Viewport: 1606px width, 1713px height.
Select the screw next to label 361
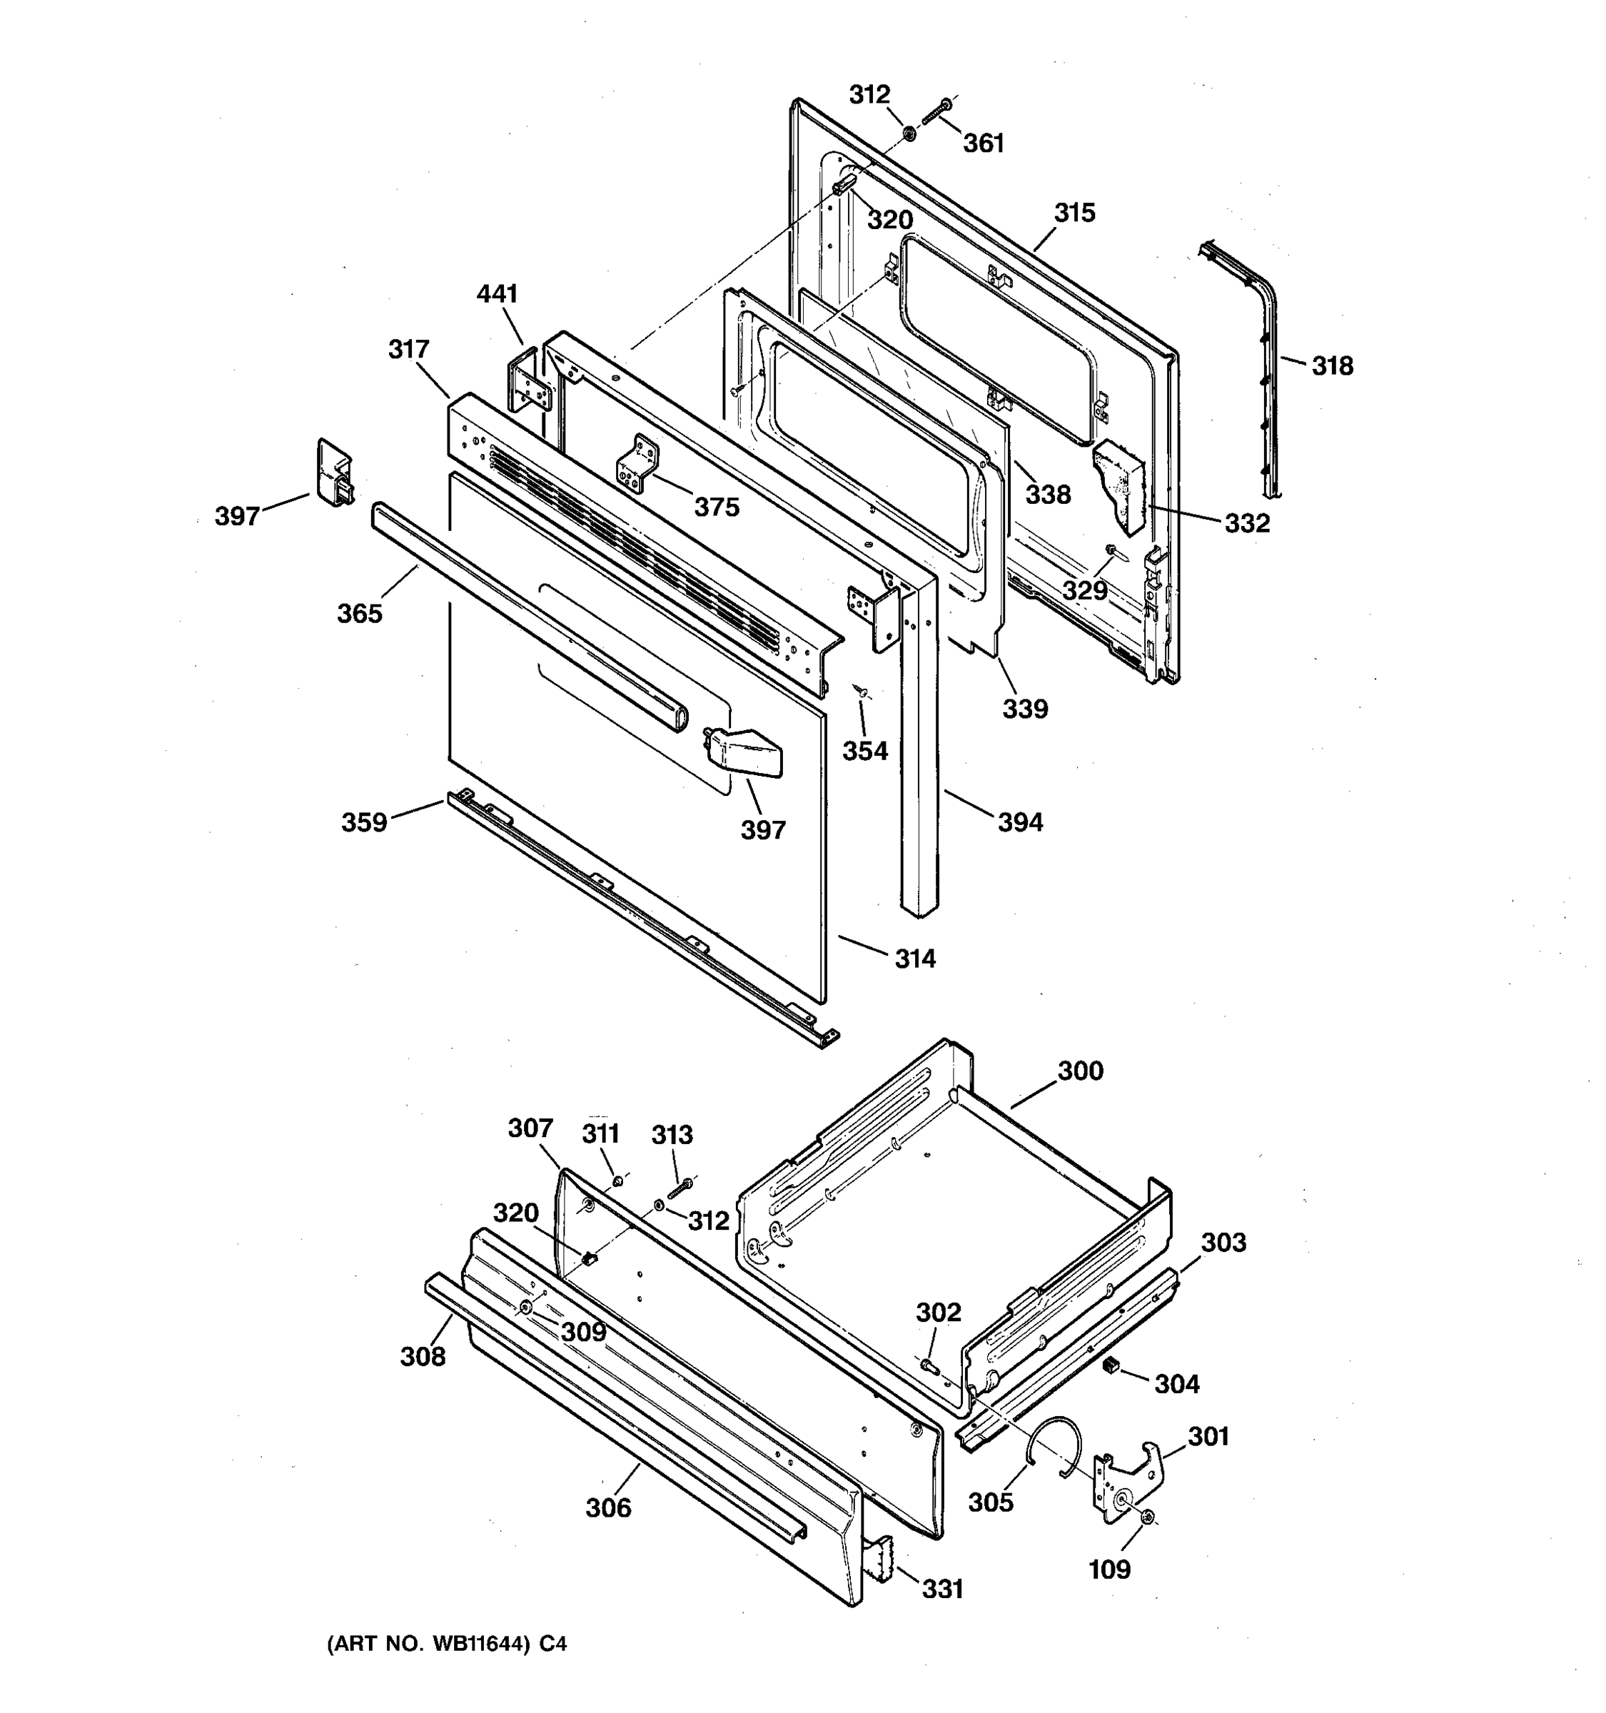coord(936,111)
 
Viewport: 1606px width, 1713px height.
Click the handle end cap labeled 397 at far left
coord(333,473)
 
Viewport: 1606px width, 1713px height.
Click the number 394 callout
coord(1020,822)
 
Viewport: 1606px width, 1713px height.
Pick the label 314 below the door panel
coord(914,958)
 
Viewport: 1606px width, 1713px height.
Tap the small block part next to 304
coord(1111,1364)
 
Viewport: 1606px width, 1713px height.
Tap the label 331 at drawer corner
coord(943,1588)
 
